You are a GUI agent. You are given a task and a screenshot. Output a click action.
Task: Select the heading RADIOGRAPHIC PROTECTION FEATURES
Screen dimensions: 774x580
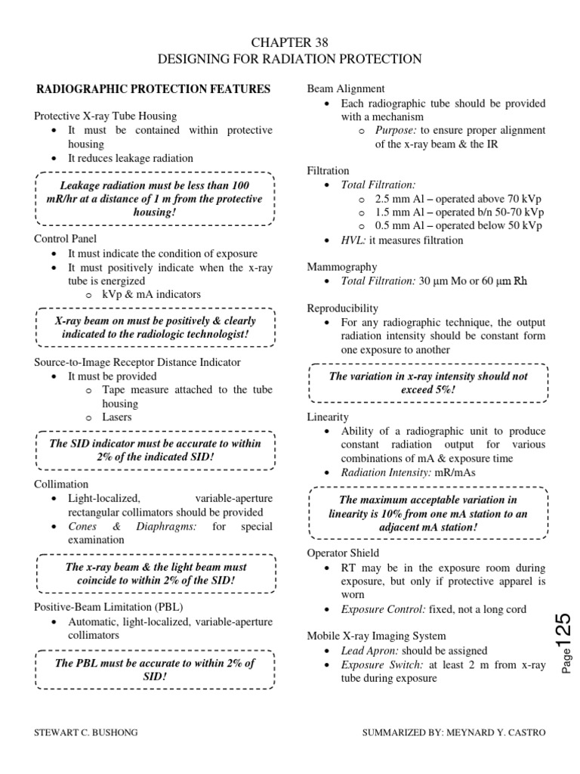(x=153, y=89)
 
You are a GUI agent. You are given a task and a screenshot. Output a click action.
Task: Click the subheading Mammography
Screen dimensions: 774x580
(x=342, y=267)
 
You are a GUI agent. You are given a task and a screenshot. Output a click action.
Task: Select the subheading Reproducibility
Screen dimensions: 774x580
(x=343, y=308)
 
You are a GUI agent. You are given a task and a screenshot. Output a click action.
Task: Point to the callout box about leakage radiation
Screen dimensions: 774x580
(x=154, y=199)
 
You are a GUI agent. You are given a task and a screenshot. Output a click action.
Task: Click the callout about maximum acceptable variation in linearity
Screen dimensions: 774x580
(x=428, y=513)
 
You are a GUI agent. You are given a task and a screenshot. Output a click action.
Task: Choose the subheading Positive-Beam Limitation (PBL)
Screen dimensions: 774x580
(x=108, y=607)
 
